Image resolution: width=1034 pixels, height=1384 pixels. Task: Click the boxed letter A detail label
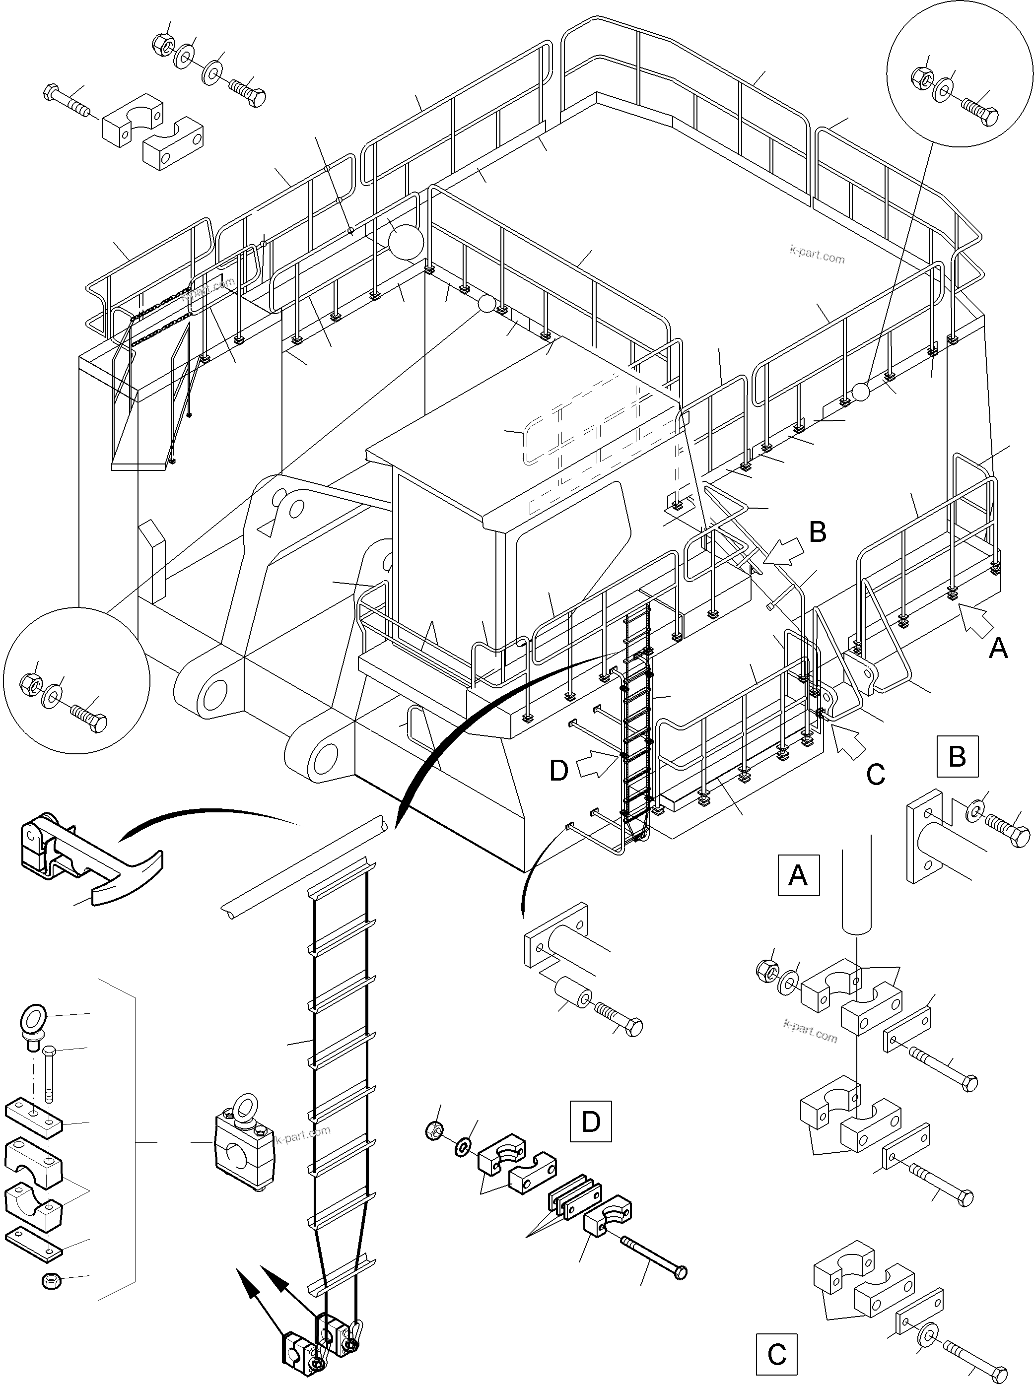click(798, 875)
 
